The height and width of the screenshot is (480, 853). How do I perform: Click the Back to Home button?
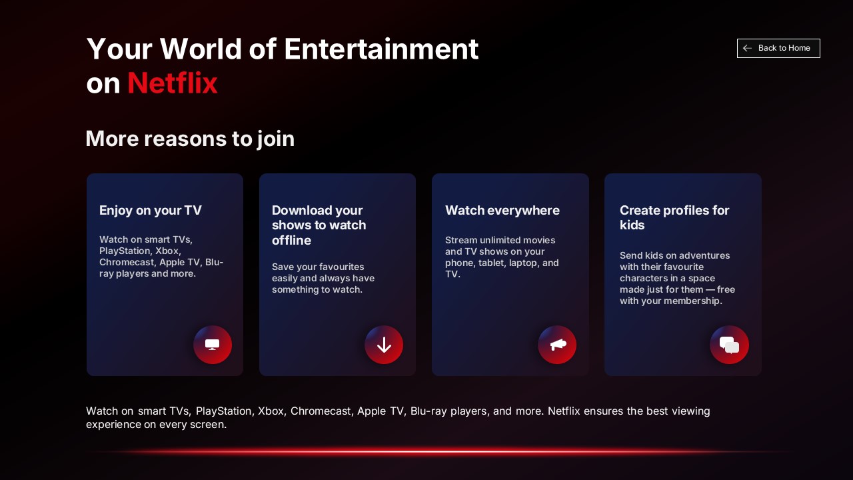(778, 48)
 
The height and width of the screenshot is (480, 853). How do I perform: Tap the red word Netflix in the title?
(172, 83)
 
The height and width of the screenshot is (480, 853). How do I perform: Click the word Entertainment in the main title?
(381, 49)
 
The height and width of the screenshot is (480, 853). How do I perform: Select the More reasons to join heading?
(190, 139)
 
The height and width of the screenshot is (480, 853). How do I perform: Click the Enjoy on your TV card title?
(151, 211)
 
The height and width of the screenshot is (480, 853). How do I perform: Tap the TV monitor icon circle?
(213, 345)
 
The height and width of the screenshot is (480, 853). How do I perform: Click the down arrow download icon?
(384, 345)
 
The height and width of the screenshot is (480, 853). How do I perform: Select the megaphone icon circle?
(557, 345)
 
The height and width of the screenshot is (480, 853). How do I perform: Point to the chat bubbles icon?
(729, 345)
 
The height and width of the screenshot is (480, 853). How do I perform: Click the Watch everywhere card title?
(502, 211)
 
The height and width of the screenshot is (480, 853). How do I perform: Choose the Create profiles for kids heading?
(674, 217)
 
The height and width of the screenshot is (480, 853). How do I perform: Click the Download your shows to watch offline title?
(319, 225)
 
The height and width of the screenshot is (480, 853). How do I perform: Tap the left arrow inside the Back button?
(748, 48)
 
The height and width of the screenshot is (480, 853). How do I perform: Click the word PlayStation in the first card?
(125, 251)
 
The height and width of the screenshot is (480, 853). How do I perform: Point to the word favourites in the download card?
(342, 267)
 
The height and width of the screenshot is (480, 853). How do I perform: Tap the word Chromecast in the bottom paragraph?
(321, 411)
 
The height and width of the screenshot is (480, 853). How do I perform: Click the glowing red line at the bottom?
(440, 451)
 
